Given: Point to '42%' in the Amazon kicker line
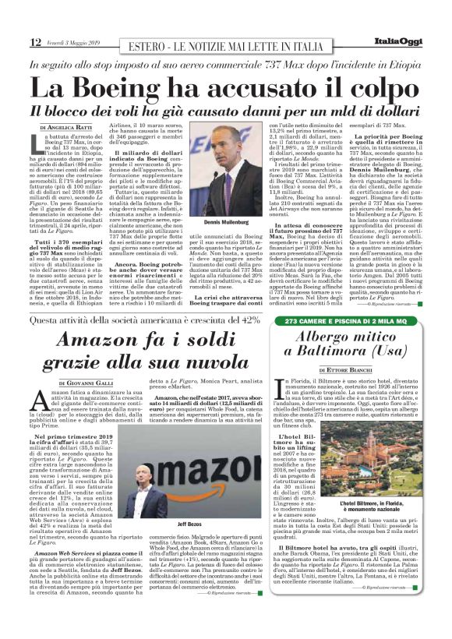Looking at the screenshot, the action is [248, 319].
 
